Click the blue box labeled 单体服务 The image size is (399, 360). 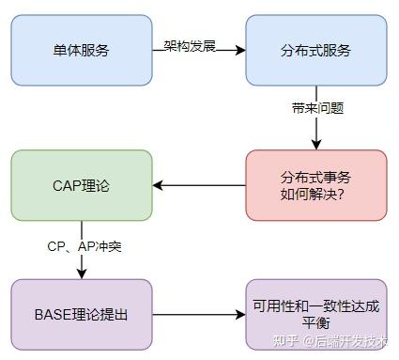pos(82,50)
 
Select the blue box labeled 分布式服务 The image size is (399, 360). pos(316,50)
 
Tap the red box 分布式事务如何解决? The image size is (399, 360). pos(316,184)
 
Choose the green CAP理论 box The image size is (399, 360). pos(82,185)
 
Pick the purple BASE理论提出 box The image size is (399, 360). pos(82,314)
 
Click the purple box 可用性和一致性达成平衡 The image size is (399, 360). pos(316,314)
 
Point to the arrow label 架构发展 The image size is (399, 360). pos(191,44)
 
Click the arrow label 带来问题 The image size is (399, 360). pos(317,108)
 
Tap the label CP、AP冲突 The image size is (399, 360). pos(84,245)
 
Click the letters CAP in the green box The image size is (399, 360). pos(68,185)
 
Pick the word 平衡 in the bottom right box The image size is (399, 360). pos(316,323)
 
